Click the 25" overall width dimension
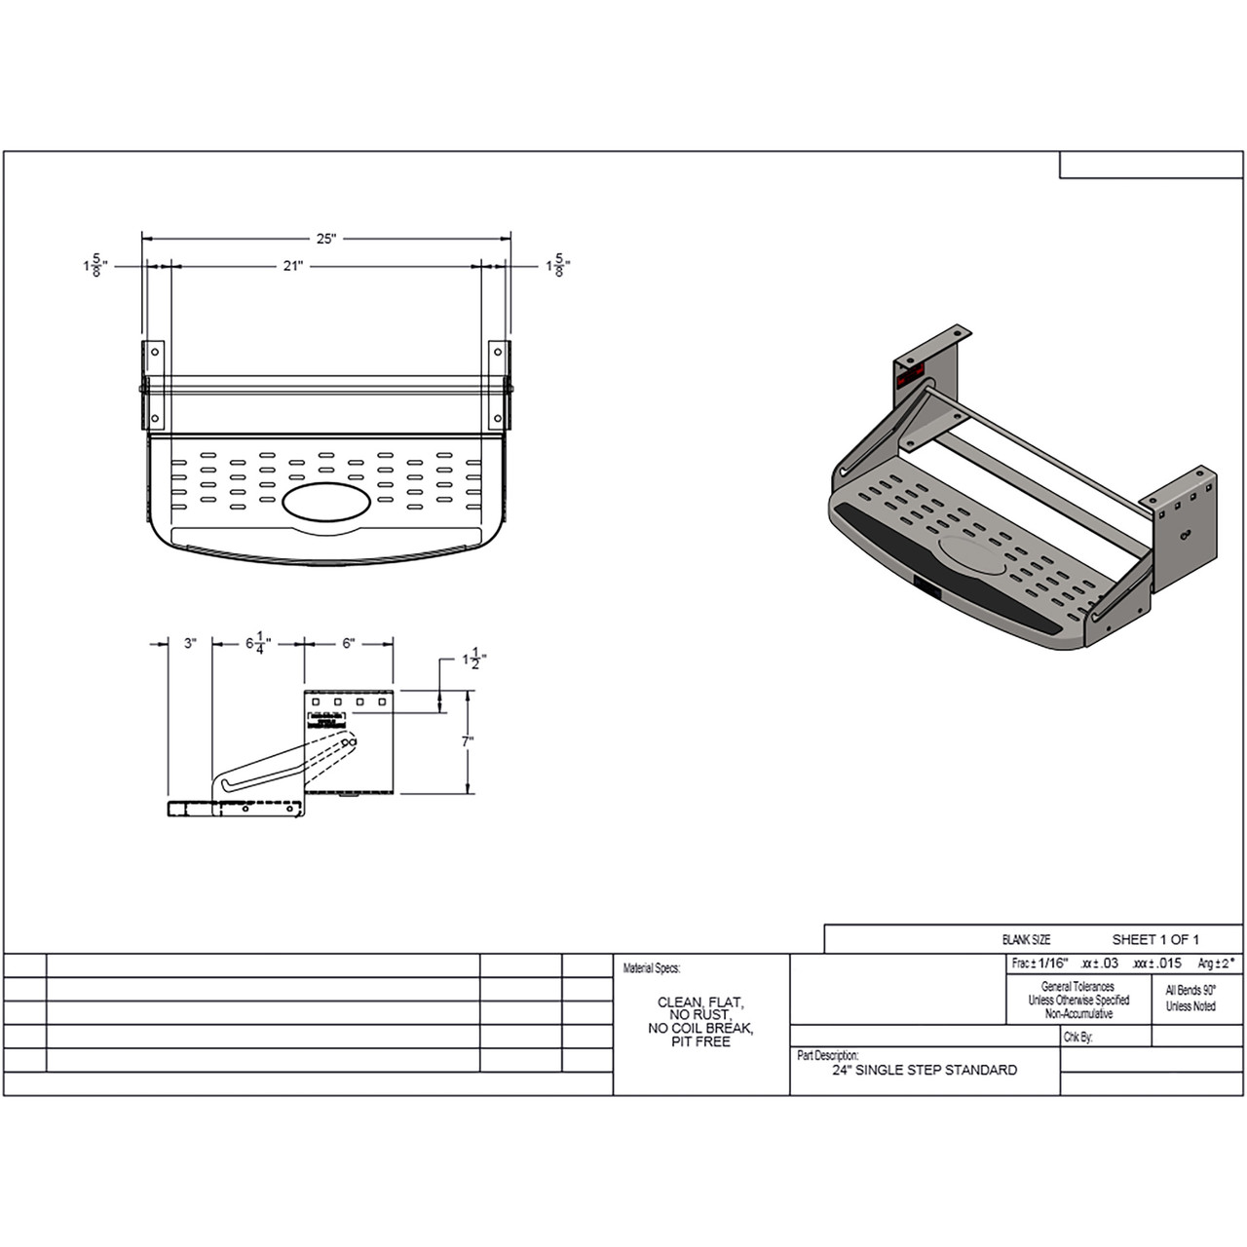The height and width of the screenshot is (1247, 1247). tap(325, 239)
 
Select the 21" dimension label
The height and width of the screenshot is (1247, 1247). tap(293, 266)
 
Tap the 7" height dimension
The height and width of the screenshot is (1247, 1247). tap(469, 741)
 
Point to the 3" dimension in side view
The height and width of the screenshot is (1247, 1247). tap(190, 643)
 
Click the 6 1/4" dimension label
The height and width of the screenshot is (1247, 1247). tap(258, 644)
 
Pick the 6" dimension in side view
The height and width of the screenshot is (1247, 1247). tap(349, 643)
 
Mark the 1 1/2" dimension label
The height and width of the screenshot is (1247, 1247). tap(474, 660)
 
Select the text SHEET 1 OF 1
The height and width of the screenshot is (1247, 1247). tap(1155, 939)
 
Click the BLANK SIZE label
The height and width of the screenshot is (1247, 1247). tap(1026, 940)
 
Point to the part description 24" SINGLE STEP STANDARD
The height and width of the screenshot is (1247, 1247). tap(924, 1070)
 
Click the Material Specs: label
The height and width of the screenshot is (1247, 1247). tap(652, 968)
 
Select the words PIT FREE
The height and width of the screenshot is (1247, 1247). tap(699, 1041)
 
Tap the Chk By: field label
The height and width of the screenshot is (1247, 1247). tap(1078, 1038)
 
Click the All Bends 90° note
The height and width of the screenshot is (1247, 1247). tap(1190, 990)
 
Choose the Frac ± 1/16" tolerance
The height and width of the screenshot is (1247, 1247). tap(1040, 963)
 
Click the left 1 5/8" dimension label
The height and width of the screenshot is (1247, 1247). tap(95, 266)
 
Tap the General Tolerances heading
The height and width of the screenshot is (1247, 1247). tap(1077, 987)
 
